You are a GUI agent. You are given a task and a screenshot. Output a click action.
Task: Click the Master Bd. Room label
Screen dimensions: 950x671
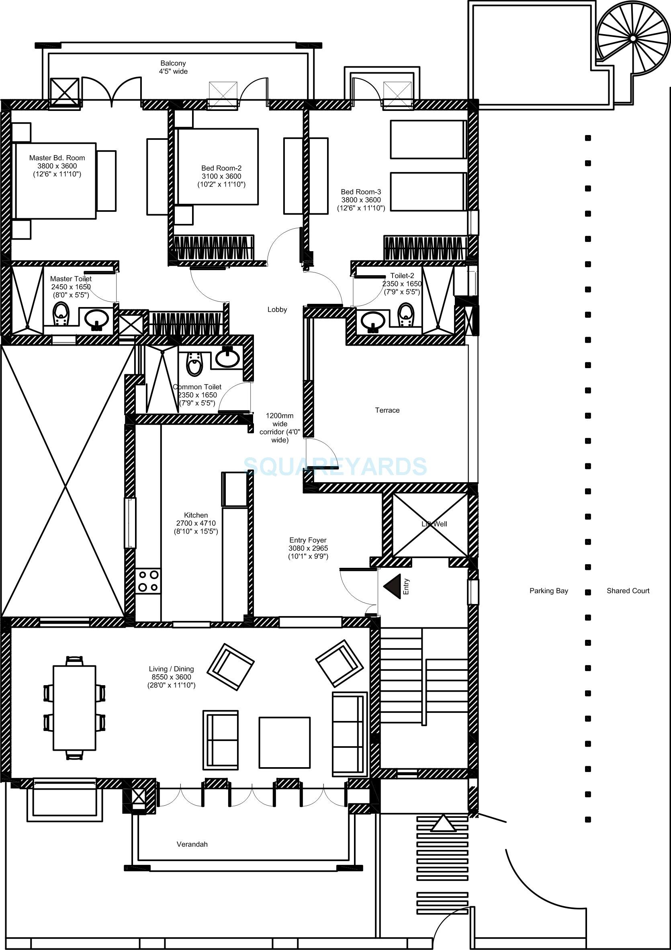click(57, 158)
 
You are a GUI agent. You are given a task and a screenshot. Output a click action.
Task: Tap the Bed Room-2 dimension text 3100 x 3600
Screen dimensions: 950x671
click(221, 176)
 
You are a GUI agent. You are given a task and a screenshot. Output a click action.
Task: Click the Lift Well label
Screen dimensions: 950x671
click(434, 524)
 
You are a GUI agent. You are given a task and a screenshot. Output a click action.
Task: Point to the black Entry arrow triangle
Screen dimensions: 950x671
click(393, 586)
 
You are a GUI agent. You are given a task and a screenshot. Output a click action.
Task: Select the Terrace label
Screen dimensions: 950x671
click(387, 410)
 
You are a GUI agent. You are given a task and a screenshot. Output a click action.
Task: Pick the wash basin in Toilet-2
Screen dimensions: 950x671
click(373, 320)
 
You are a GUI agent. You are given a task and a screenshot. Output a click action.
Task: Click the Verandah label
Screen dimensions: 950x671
click(192, 844)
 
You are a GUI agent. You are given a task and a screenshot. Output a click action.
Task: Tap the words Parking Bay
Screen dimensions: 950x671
click(548, 591)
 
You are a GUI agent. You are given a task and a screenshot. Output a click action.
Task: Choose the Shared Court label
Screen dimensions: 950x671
click(628, 591)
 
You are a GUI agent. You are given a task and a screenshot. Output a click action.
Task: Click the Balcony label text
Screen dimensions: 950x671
click(173, 63)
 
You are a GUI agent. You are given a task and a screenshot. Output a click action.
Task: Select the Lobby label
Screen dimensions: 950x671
click(277, 309)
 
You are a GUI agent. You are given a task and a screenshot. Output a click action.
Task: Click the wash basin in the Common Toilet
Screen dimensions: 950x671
click(227, 358)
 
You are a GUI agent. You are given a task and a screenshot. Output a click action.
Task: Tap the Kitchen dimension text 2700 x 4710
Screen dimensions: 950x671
click(196, 523)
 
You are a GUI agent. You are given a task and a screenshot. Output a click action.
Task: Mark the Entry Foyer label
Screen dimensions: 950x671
click(308, 540)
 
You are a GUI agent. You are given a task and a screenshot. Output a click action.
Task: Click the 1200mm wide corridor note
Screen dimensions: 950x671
click(280, 428)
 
